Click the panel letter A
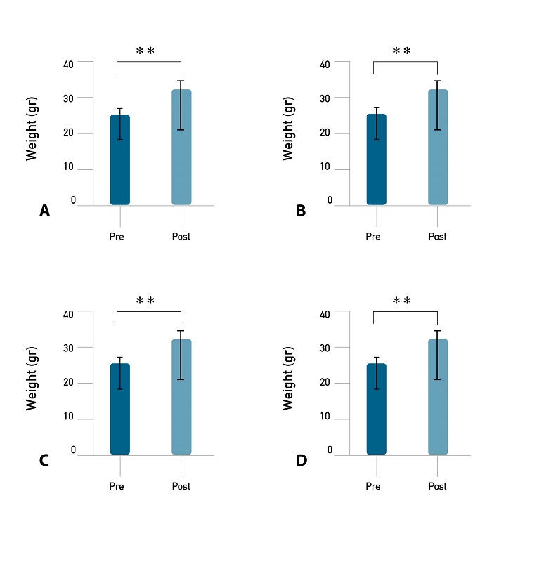[x=44, y=211]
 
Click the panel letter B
[x=301, y=211]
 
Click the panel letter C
[x=44, y=461]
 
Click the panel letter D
[x=302, y=461]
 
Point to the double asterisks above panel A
[x=145, y=52]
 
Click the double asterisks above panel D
[x=401, y=301]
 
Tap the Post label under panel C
[x=181, y=486]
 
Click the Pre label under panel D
[x=373, y=486]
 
